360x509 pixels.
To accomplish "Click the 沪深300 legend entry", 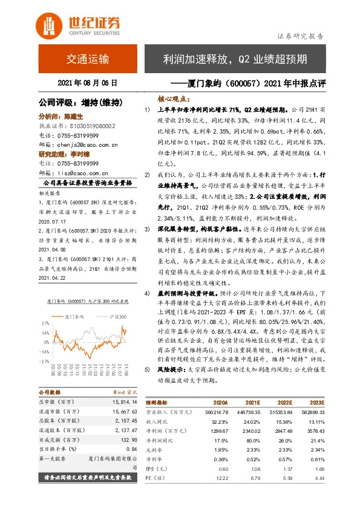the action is click(x=115, y=317).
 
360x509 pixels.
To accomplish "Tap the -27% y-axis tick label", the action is click(x=44, y=361).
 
